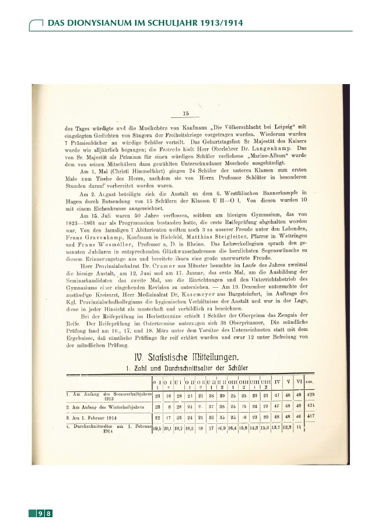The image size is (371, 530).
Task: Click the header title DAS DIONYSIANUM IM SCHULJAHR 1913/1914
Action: pyautogui.click(x=144, y=23)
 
